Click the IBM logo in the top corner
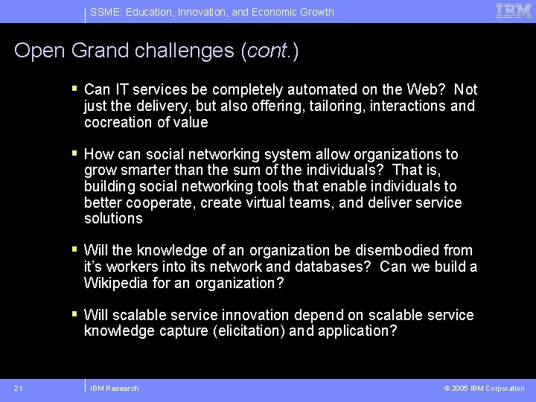tap(514, 11)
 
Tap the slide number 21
tap(18, 388)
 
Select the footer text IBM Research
tap(114, 388)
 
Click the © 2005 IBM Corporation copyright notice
tap(484, 388)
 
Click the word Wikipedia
tap(116, 284)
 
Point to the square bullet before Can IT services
tap(74, 89)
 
